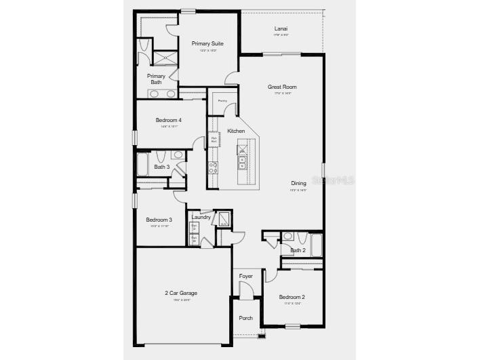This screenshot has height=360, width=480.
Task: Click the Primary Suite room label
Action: pos(207,43)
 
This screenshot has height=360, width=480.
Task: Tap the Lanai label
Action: pos(281,28)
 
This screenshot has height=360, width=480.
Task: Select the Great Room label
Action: pos(282,87)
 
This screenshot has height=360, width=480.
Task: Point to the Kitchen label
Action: pos(236,131)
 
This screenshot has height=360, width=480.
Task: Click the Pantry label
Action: pos(222,101)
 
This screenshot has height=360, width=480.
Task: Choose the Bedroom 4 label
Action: pos(169,120)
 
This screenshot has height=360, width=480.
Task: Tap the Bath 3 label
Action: pos(161,167)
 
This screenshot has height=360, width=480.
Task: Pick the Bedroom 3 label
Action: pos(159,220)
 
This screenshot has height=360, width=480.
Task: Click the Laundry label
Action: pos(201,217)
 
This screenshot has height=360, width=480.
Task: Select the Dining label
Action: pos(299,183)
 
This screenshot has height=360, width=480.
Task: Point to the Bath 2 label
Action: pos(298,250)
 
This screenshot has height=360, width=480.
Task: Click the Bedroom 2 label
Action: pos(292,297)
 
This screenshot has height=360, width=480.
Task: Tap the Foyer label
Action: pos(245,276)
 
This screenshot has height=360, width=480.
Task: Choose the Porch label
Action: pos(245,318)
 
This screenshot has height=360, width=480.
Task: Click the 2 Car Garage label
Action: pos(181,293)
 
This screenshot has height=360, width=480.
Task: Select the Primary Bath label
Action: pos(156,79)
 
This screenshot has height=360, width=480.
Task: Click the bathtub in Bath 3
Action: pos(143,165)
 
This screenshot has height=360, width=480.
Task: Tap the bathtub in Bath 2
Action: pos(316,245)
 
